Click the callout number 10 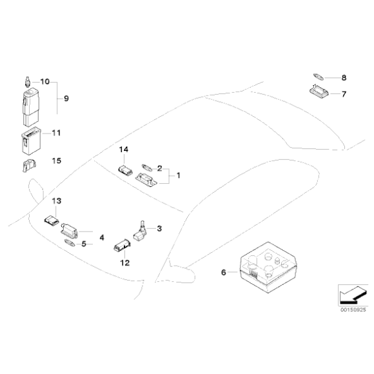[44, 81]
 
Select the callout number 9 [65, 99]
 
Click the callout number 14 [124, 150]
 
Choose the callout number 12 [125, 262]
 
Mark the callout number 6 [224, 273]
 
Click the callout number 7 [343, 94]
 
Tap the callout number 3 [159, 228]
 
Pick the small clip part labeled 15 [27, 166]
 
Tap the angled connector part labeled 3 [141, 232]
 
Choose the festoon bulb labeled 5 [70, 243]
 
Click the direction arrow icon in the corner [349, 295]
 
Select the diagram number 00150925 [349, 310]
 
